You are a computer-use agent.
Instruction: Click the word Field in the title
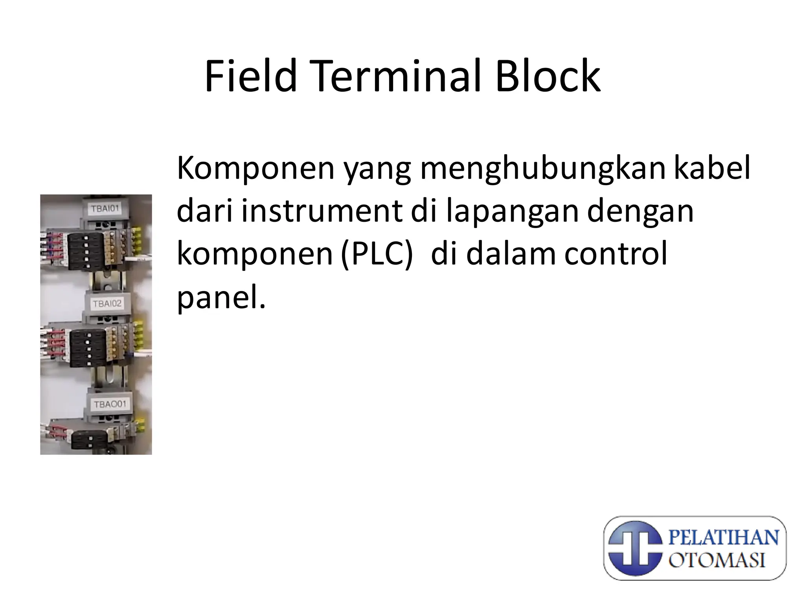[251, 77]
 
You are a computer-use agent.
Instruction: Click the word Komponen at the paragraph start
[255, 168]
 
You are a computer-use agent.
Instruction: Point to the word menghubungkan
[507, 168]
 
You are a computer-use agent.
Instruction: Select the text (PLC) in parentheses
[377, 255]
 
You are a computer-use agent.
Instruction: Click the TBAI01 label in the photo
[105, 208]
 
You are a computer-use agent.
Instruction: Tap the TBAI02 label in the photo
[107, 304]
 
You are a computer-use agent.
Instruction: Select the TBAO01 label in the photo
[110, 404]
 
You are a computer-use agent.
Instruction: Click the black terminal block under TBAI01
[85, 250]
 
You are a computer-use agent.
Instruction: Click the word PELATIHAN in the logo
[723, 538]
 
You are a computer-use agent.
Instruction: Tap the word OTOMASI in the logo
[717, 560]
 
